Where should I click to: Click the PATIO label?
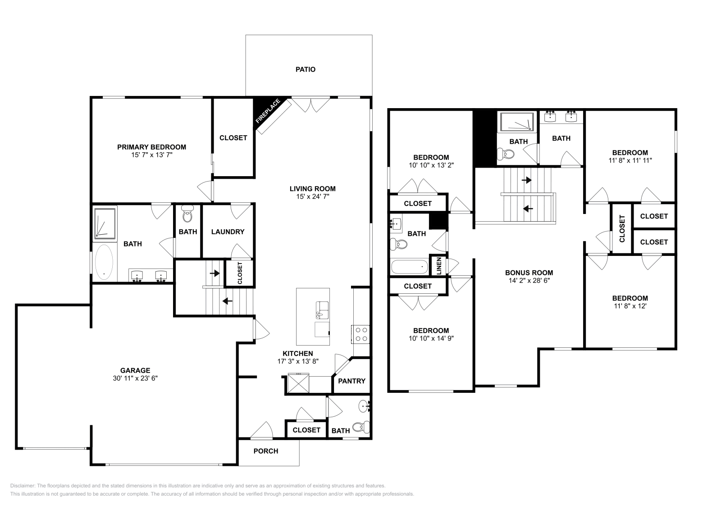(306, 69)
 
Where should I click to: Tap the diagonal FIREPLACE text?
(268, 111)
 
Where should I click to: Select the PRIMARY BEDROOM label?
(151, 147)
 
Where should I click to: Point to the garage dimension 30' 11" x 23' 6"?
(135, 378)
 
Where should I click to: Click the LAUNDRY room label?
(228, 232)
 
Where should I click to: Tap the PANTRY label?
(352, 381)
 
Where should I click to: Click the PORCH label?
(266, 451)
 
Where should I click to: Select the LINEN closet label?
(439, 266)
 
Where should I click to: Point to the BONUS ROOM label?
(529, 273)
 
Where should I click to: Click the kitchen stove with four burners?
(360, 334)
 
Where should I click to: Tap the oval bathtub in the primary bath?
(104, 262)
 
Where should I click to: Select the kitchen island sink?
(322, 310)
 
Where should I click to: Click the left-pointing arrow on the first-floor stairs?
(227, 301)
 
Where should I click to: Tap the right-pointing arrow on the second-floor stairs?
(527, 180)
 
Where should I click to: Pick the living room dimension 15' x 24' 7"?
(313, 196)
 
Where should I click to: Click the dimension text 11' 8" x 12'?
(630, 306)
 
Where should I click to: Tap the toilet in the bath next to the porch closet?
(361, 427)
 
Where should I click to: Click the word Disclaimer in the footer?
(23, 486)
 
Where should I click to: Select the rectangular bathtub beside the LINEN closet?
(410, 267)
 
